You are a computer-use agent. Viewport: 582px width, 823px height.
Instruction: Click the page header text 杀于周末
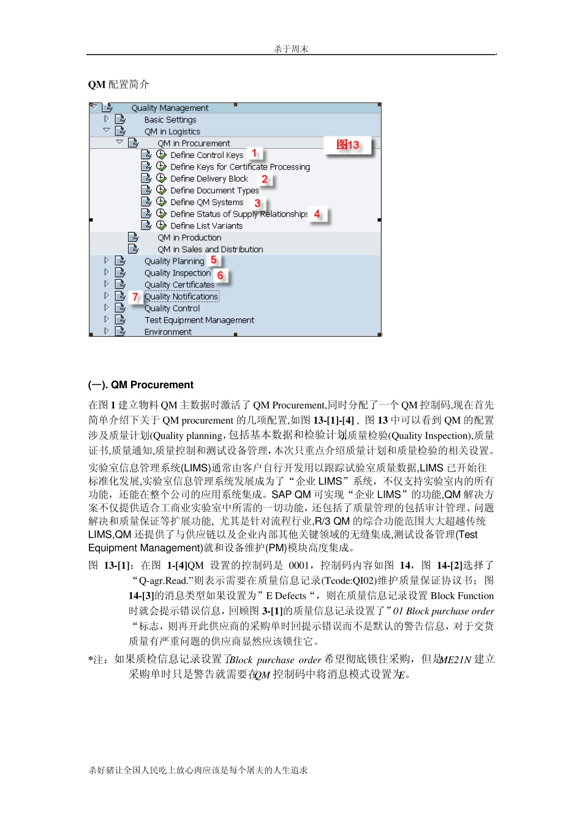point(291,49)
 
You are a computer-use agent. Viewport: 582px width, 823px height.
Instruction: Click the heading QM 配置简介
point(118,85)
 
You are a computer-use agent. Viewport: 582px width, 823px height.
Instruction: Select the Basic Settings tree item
point(170,120)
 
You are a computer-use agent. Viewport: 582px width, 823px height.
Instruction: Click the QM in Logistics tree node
point(172,132)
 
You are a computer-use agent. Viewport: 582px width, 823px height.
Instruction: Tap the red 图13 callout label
point(348,145)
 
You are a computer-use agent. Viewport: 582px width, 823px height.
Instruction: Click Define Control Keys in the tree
point(206,155)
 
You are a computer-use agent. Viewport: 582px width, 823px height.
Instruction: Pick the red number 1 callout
point(254,153)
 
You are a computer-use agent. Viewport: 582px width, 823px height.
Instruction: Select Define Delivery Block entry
point(209,179)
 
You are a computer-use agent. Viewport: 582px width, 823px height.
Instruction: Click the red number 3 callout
point(257,203)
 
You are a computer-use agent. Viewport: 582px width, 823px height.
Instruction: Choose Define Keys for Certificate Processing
point(240,167)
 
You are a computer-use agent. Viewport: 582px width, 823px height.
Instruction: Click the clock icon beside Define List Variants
point(161,225)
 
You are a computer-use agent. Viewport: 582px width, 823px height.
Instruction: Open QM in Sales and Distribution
point(210,249)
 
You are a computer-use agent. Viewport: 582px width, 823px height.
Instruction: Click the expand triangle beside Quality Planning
point(107,261)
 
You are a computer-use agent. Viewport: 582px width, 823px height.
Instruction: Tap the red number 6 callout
point(220,276)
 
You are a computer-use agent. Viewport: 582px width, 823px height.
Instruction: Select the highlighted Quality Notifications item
point(181,297)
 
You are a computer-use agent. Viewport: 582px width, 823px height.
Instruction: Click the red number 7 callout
point(135,297)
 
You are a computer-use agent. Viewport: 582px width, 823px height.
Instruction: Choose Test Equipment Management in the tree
point(199,320)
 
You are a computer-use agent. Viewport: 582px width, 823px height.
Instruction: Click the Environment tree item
point(168,332)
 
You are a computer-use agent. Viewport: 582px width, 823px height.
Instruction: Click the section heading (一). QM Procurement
point(141,385)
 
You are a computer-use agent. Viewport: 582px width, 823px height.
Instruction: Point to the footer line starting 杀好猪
point(198,770)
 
